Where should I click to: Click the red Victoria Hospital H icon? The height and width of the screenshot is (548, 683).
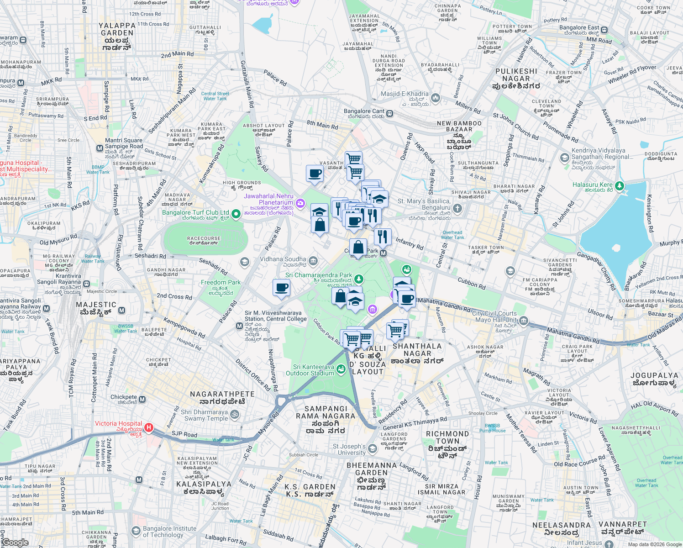coord(148,428)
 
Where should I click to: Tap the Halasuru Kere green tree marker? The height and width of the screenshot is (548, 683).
coord(619,186)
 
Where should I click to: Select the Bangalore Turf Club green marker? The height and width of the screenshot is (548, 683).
coord(236,214)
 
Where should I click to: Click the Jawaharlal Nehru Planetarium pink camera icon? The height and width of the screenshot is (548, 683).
coord(300,203)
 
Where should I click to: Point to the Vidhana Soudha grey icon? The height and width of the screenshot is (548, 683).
coord(313,261)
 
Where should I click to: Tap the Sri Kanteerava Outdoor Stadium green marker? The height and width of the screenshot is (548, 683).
coord(341,369)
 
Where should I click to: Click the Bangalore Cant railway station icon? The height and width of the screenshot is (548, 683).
coord(389,113)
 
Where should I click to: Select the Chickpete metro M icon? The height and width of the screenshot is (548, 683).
coord(142,400)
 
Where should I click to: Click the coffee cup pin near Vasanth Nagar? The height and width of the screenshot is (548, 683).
coord(315,174)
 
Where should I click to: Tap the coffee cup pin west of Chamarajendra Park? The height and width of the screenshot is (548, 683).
coord(281,288)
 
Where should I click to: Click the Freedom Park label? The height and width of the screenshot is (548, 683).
coord(221,283)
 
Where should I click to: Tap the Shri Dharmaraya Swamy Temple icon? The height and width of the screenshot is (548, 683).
coord(234,415)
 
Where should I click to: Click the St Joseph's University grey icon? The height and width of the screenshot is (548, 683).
coord(372,449)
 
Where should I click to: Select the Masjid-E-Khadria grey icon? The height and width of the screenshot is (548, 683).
coord(435,98)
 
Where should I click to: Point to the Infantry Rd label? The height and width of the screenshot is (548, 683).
coord(409,243)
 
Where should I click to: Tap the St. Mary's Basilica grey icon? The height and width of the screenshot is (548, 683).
coord(457,209)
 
